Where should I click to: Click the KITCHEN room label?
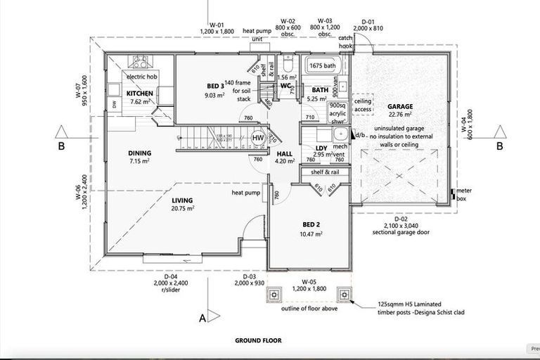(x=139, y=93)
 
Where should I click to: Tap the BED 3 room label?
(x=216, y=86)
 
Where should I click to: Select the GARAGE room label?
(x=400, y=107)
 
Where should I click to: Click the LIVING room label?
(x=182, y=200)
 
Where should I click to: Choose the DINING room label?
(x=139, y=153)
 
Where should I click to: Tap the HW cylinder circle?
(x=258, y=138)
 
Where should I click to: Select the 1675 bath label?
(x=323, y=65)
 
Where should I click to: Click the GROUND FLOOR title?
(x=258, y=340)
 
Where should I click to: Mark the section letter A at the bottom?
(x=202, y=318)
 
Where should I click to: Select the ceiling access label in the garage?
(x=363, y=105)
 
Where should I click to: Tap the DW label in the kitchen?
(x=114, y=105)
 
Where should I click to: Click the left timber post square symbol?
(x=272, y=294)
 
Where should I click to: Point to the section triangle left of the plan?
(x=62, y=131)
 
